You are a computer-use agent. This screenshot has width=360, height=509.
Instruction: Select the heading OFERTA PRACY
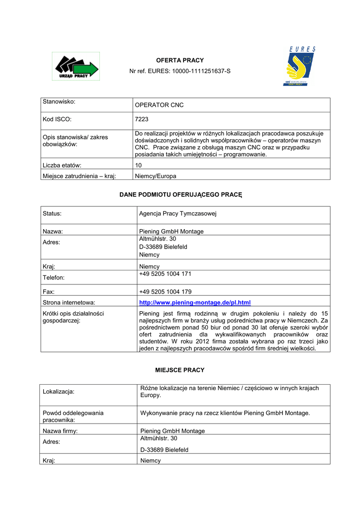click(x=180, y=60)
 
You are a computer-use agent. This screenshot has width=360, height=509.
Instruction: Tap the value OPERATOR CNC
click(x=159, y=105)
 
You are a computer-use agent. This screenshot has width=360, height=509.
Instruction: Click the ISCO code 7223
click(x=142, y=119)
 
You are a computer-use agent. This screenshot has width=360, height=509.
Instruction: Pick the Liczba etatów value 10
click(x=139, y=165)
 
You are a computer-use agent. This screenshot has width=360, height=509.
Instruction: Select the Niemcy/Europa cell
click(x=156, y=176)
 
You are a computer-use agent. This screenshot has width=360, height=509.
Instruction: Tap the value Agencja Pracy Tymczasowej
click(x=178, y=214)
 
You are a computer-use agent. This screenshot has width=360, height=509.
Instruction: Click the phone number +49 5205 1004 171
click(x=165, y=274)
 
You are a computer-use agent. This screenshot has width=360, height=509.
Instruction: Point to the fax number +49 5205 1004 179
click(x=165, y=292)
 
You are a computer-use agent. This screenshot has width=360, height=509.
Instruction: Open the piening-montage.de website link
click(x=195, y=302)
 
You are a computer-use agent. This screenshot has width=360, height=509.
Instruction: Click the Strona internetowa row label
click(x=69, y=302)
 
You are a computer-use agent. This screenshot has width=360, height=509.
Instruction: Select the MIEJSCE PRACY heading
click(x=180, y=370)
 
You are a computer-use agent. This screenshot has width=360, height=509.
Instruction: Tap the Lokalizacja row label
click(x=59, y=392)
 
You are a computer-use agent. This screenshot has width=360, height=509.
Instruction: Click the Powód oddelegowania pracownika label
click(x=73, y=417)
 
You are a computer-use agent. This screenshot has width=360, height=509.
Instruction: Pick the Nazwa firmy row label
click(x=60, y=431)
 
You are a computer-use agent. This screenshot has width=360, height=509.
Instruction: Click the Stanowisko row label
click(x=59, y=101)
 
